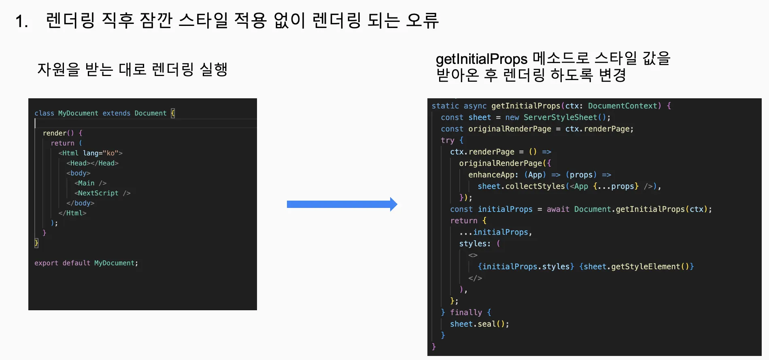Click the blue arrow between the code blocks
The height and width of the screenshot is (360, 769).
342,204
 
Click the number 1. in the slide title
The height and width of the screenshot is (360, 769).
21,21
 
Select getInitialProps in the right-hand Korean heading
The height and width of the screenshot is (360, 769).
481,59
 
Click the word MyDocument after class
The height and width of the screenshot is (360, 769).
78,113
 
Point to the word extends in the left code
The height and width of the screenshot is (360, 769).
116,113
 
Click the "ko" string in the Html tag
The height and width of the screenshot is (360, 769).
110,153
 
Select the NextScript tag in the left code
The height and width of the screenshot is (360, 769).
98,193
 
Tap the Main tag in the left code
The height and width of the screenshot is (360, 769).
86,183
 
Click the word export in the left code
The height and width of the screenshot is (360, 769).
46,263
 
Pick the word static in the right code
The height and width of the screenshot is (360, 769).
445,106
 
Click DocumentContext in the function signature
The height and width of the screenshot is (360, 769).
622,106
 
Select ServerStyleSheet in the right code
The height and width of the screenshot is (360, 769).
560,117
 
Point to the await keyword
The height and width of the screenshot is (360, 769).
558,210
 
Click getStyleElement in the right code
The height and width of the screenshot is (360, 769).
646,267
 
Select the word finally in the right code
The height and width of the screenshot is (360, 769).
466,313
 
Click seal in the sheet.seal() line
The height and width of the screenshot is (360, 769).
486,324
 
